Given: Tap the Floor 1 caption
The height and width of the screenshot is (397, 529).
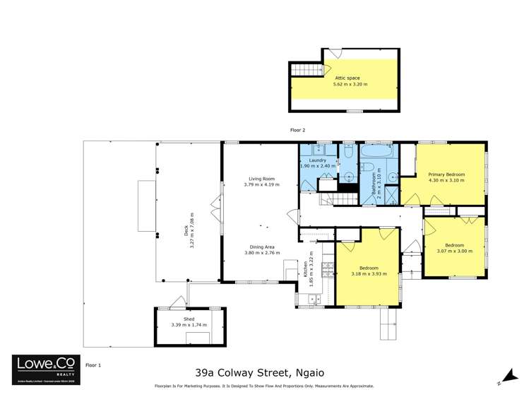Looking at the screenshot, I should coord(93,365).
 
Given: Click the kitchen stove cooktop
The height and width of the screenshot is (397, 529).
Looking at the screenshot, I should coord(327,269).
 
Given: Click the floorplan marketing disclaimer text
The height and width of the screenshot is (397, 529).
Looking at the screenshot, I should coord(264,386).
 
